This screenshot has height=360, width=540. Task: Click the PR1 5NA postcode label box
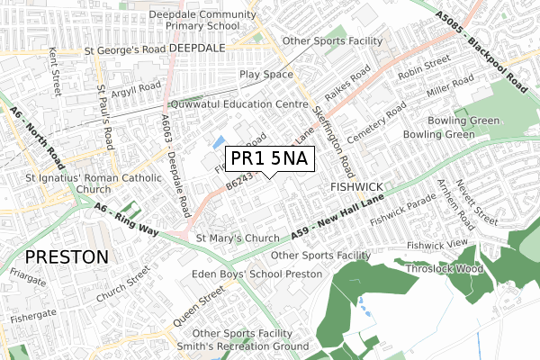pos(269,159)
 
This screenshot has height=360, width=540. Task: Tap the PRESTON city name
pos(67,256)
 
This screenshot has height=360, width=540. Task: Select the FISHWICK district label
pos(356,188)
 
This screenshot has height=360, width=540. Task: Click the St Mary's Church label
pos(238,238)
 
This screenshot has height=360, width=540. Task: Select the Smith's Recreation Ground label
pos(242,346)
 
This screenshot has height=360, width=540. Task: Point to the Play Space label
pos(265,75)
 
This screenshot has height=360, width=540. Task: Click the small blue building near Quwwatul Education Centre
pos(218,141)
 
